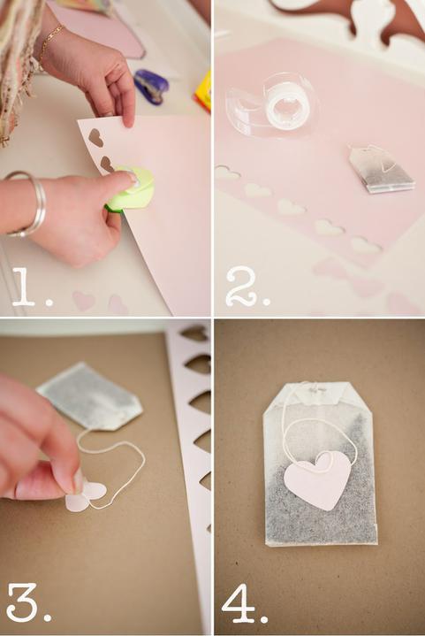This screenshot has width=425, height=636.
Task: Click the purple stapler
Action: [x=151, y=87]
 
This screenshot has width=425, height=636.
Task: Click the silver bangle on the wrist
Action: [x=29, y=203]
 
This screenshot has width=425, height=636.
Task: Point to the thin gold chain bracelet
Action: [x=50, y=42]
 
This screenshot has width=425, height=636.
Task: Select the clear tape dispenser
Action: [x=273, y=106]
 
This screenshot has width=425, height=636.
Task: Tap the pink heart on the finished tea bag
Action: [x=317, y=480]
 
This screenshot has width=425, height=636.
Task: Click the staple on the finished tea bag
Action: [x=316, y=389]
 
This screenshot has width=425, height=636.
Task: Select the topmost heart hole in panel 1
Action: [x=95, y=138]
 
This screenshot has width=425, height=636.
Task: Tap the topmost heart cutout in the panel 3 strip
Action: [x=195, y=333]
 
